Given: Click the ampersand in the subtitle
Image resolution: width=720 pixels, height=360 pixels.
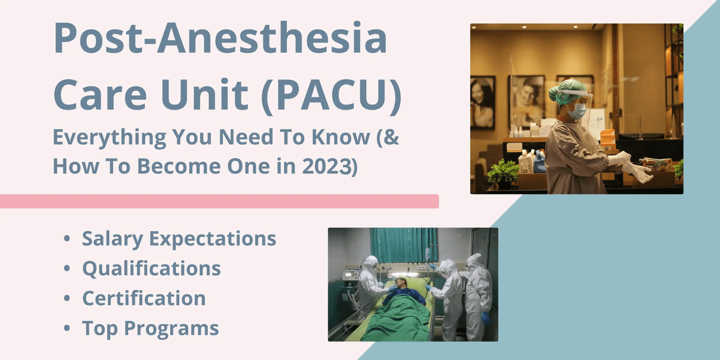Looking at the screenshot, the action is click(x=392, y=137).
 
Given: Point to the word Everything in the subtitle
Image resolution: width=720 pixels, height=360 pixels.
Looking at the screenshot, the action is click(x=109, y=137).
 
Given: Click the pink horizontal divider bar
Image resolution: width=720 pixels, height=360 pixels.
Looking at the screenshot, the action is click(x=219, y=201).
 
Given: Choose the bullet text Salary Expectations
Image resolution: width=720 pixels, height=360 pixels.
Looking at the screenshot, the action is click(x=179, y=239).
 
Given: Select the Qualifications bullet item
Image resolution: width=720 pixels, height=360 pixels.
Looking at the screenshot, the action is click(x=152, y=269).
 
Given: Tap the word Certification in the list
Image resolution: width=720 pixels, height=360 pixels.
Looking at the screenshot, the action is click(x=144, y=298).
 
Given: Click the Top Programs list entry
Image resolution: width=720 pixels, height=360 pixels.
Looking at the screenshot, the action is click(x=150, y=329).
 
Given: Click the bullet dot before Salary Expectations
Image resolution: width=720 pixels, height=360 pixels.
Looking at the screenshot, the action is click(x=67, y=239).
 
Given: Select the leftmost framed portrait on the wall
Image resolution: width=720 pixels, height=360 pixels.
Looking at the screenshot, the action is click(x=483, y=102).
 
